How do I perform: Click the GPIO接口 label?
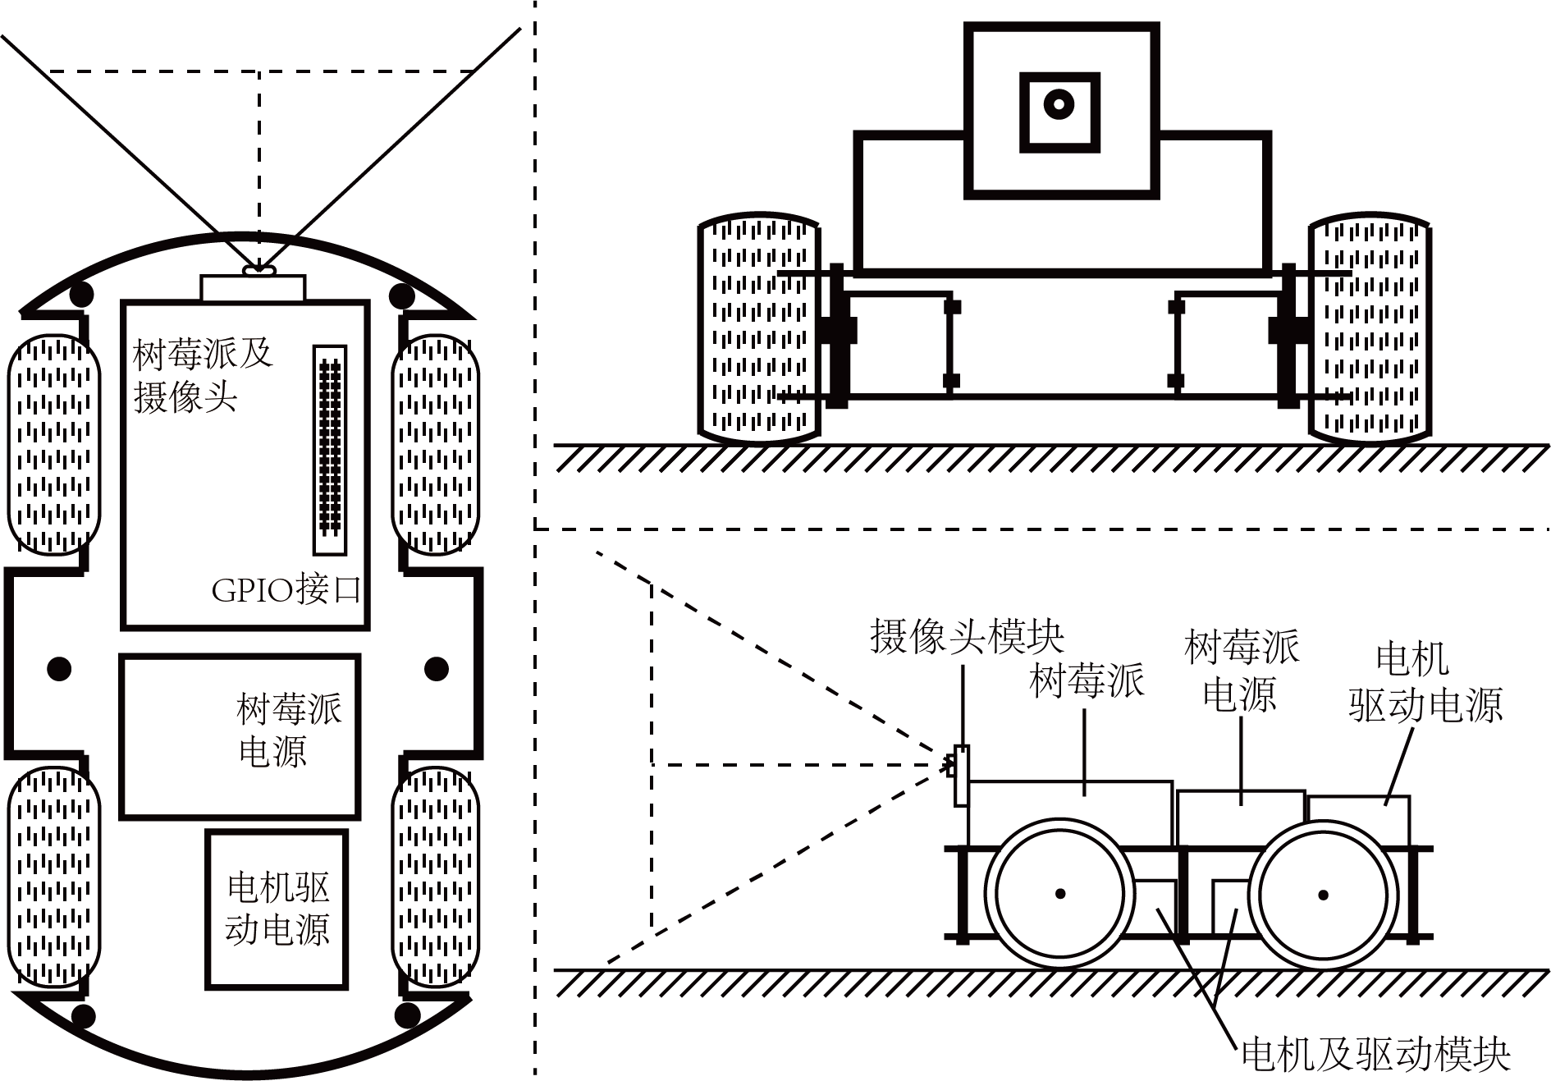tap(286, 590)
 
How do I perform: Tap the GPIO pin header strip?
tap(330, 450)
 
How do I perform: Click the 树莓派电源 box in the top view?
tap(240, 737)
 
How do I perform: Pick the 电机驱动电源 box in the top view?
tap(277, 909)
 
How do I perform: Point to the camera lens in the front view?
tap(1059, 104)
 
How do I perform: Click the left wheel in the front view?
tap(759, 328)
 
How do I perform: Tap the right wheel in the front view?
tap(1369, 328)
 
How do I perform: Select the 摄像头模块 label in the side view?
tap(968, 636)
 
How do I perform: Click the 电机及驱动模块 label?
tap(1376, 1054)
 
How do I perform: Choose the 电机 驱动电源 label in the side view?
tap(1425, 683)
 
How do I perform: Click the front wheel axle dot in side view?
tap(1060, 894)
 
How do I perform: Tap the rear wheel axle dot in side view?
tap(1323, 895)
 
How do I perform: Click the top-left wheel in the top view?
tap(54, 444)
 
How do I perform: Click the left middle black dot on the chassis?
tap(59, 668)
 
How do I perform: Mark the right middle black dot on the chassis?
tap(437, 668)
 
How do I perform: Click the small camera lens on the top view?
tap(260, 268)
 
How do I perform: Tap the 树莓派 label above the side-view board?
tap(1087, 681)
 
